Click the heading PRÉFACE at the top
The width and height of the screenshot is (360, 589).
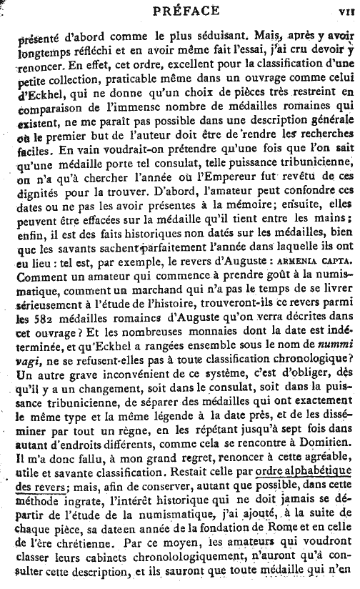click(179, 10)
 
